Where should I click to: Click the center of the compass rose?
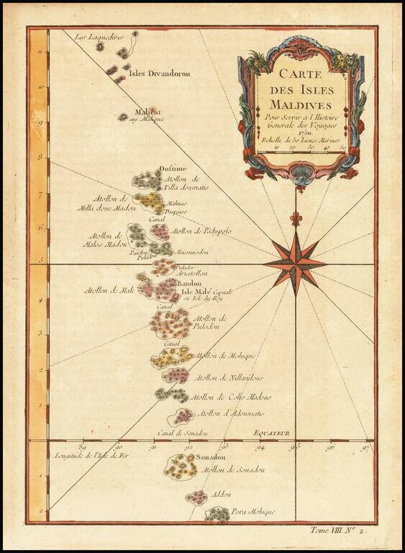click(295, 264)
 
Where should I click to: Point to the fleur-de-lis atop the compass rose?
click(295, 217)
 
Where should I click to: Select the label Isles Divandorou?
click(158, 71)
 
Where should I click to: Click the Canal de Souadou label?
click(183, 433)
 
